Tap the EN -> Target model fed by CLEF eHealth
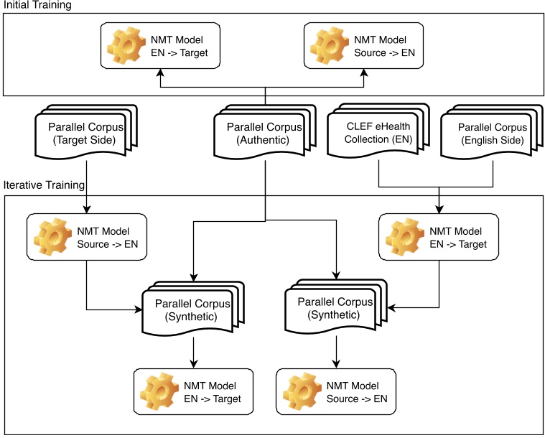click(441, 236)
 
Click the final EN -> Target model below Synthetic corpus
click(194, 391)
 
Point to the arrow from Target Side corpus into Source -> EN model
click(85, 194)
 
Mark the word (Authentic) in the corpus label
click(264, 139)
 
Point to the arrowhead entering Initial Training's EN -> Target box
click(159, 73)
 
